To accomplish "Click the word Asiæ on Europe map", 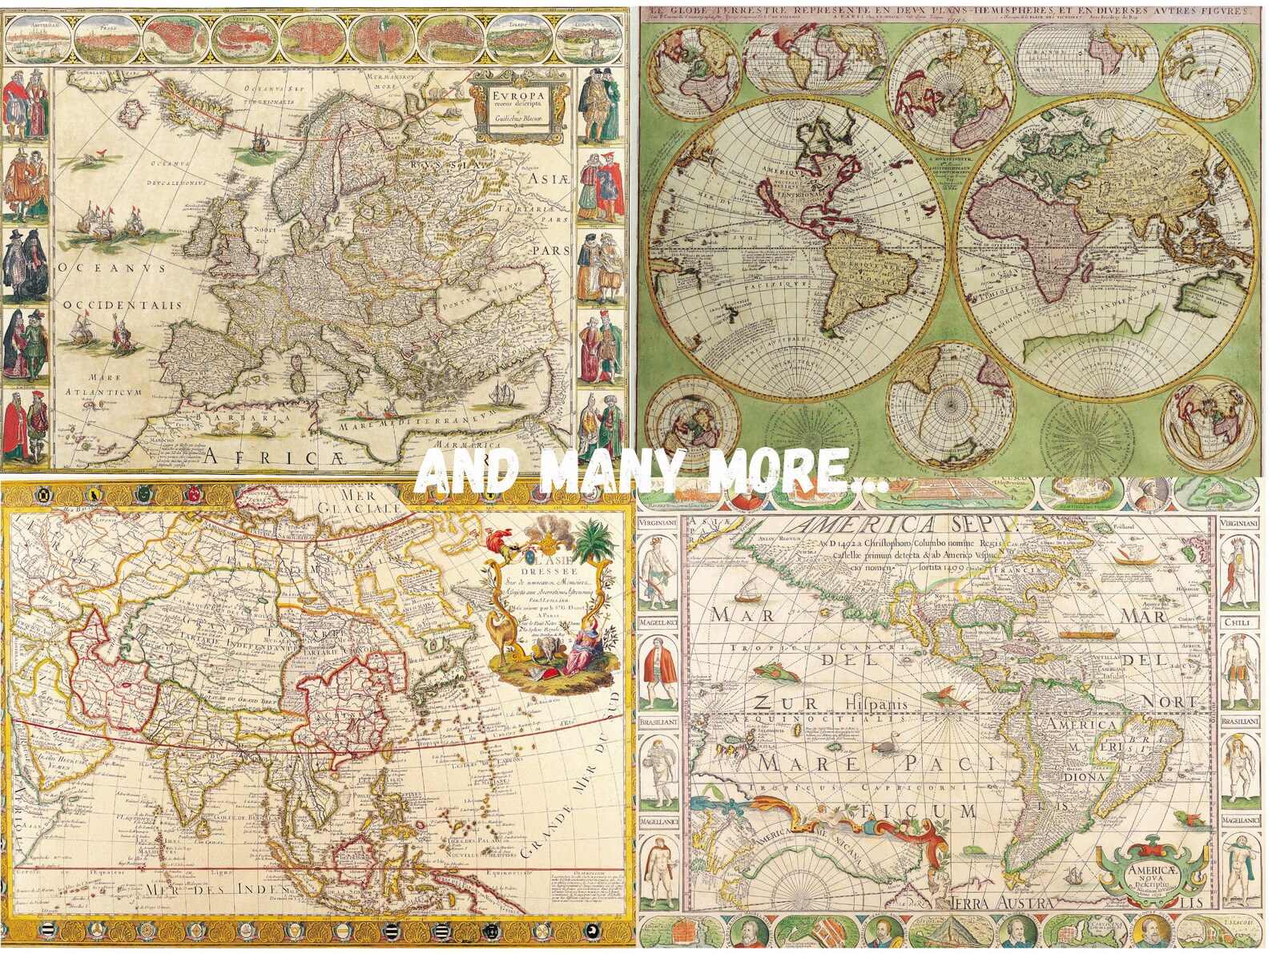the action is point(546,181).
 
